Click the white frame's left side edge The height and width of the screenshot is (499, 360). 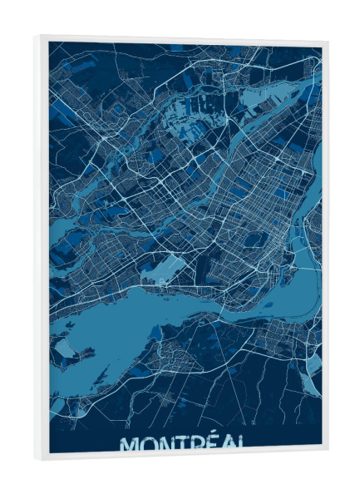(x=39, y=249)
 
